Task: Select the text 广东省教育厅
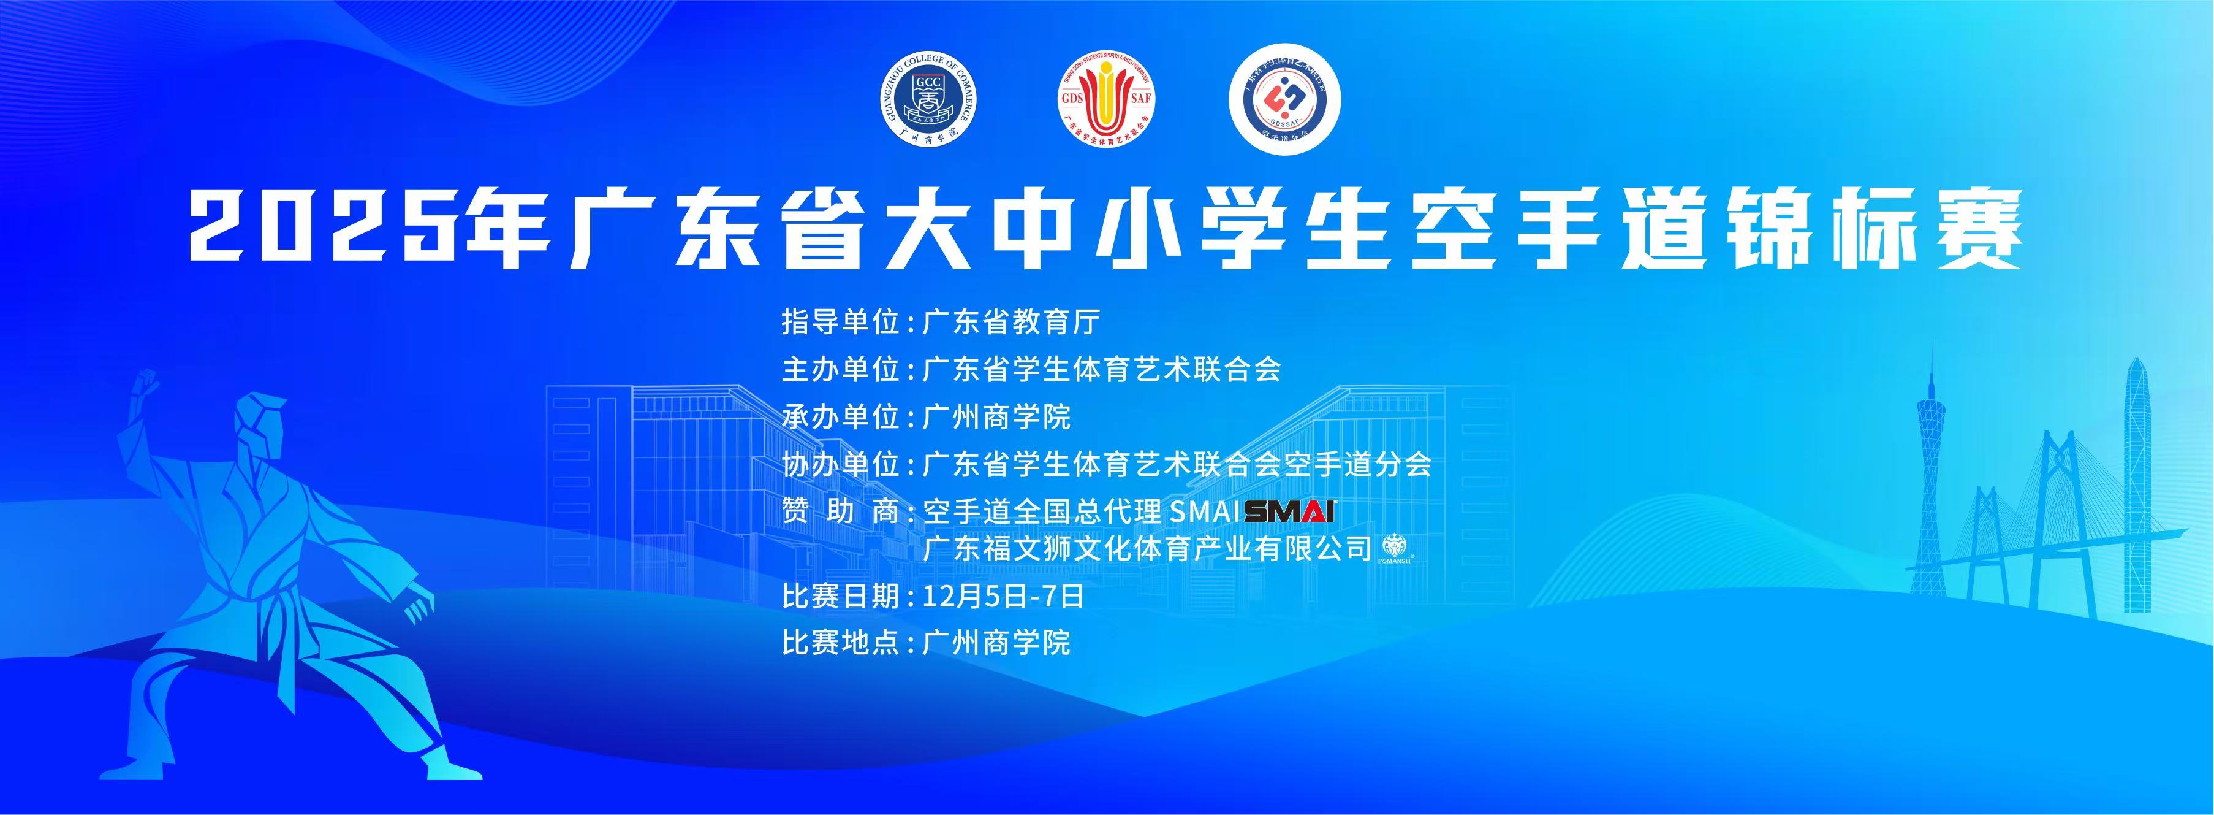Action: coord(1010,323)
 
